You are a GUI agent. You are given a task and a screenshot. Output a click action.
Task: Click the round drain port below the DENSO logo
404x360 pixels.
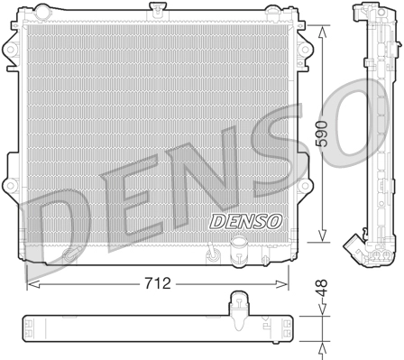pos(239,245)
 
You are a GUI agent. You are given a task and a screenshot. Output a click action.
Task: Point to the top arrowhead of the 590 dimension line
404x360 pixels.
pos(323,28)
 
